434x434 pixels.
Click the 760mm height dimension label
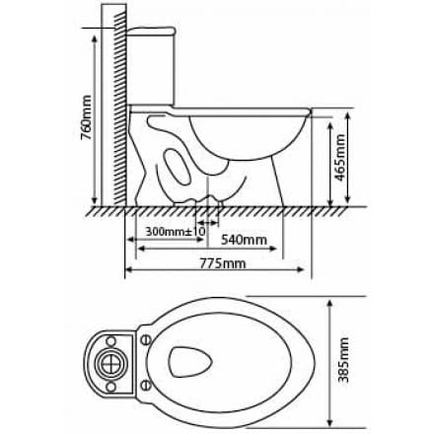[86, 118]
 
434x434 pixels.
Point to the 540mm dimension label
[243, 240]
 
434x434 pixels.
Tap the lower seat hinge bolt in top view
[144, 384]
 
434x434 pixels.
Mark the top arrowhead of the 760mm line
[95, 32]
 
